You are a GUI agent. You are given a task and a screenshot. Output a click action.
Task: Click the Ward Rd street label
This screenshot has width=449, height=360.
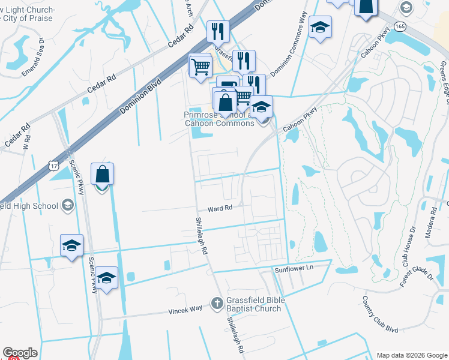coord(220,209)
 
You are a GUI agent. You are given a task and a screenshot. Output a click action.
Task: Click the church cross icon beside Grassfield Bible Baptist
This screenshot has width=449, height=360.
coord(217,303)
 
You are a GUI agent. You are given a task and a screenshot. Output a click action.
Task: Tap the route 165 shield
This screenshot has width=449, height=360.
coord(400,28)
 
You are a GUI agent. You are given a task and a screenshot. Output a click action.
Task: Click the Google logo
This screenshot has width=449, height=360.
coord(20,353)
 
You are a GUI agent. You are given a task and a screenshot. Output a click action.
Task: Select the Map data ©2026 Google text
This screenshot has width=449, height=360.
coord(411,355)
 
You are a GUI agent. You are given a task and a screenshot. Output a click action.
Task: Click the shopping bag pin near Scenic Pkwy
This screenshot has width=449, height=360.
coord(103,175)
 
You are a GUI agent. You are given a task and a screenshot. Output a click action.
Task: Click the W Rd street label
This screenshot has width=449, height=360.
coord(26,144)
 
